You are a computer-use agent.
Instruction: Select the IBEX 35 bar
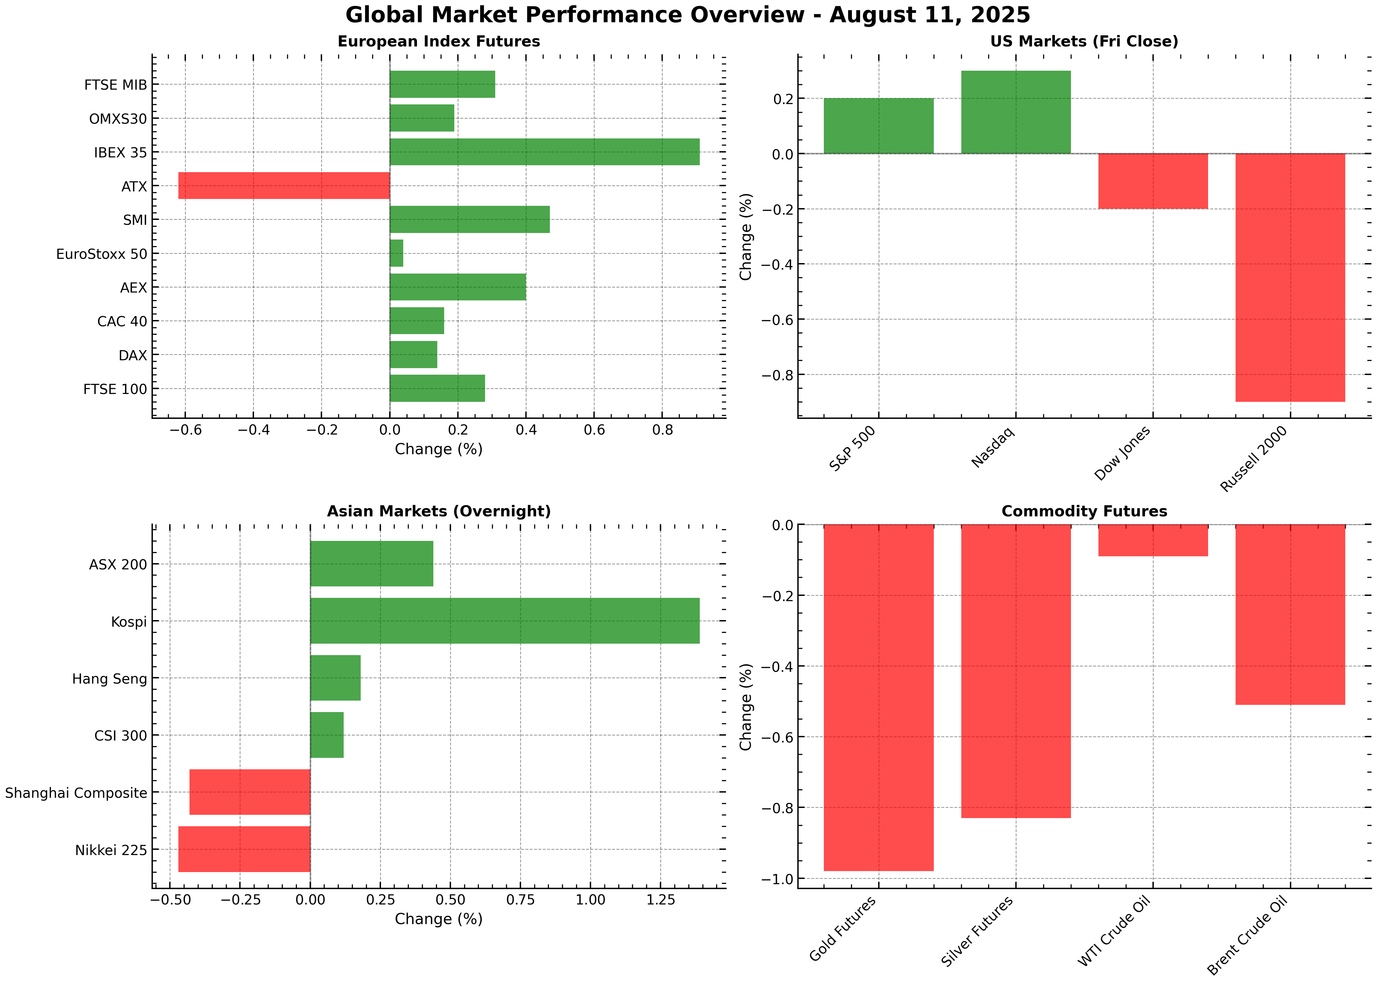544,152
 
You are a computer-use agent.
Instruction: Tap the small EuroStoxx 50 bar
396,253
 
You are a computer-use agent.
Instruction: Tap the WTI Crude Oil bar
1153,540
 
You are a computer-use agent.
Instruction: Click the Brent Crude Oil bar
1290,615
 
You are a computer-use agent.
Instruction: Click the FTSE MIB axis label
116,85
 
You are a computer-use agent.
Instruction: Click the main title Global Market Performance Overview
688,14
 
